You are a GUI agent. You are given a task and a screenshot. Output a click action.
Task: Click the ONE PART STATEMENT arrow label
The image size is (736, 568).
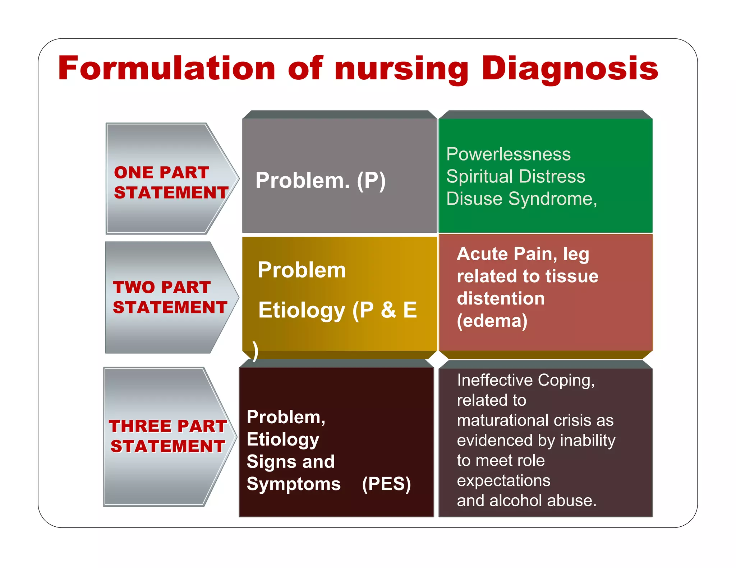170,182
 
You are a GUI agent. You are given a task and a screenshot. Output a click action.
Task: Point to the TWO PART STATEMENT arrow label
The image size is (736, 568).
170,297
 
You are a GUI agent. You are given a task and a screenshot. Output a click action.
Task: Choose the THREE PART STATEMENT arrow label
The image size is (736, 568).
168,436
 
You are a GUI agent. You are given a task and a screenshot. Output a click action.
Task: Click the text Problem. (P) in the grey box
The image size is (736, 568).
320,180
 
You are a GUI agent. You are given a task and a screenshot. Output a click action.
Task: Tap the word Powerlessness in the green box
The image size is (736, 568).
508,154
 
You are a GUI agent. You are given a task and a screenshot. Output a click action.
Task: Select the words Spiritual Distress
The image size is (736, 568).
515,177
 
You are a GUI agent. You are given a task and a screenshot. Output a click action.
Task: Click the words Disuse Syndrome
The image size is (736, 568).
521,199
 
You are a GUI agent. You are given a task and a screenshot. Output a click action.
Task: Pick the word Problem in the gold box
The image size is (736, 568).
302,270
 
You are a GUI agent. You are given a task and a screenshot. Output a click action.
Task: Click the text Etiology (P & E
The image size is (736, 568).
337,310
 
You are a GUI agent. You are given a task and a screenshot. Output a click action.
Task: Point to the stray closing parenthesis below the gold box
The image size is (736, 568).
255,351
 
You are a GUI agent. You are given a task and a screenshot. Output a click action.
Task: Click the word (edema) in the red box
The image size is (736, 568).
492,321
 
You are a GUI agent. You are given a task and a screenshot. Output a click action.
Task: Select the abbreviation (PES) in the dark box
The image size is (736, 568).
386,484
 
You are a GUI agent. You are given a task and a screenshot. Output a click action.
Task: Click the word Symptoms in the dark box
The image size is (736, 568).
293,484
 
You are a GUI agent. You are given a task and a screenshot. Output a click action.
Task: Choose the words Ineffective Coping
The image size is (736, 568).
525,380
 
